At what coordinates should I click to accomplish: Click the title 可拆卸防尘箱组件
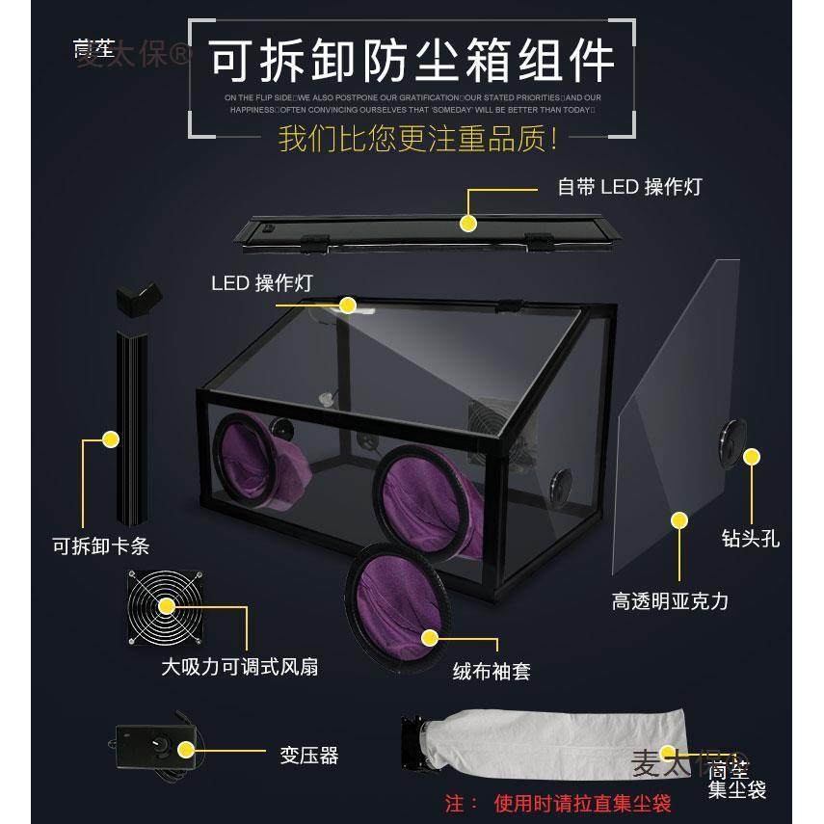point(412,60)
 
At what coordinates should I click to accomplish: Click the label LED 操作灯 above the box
point(261,283)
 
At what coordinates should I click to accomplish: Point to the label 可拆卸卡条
point(100,546)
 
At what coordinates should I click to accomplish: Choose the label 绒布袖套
point(492,671)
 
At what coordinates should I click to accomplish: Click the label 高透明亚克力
point(670,602)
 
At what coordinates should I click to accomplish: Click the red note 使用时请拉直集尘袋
point(583,803)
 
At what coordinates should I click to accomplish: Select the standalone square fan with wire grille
point(166,606)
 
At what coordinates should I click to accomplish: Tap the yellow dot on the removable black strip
point(111,439)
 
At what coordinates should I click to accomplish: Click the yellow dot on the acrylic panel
point(679,520)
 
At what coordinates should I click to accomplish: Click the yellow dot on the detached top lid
point(468,224)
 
